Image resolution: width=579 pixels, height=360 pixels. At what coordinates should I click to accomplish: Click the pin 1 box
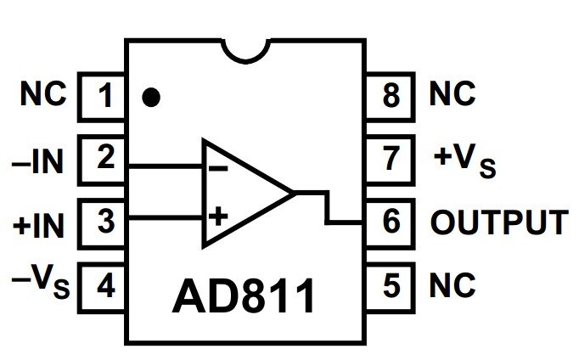point(103,95)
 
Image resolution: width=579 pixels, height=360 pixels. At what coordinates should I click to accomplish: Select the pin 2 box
point(103,158)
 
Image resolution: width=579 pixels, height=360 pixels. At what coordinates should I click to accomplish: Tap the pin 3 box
point(103,222)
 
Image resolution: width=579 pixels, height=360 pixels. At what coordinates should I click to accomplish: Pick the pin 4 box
point(103,285)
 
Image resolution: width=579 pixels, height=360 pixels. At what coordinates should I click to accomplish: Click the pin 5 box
point(391,285)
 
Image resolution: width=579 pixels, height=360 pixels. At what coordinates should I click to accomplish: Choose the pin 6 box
point(391,222)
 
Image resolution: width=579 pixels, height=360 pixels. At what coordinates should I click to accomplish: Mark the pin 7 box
point(391,158)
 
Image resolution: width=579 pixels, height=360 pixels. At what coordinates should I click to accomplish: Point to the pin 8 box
point(391,95)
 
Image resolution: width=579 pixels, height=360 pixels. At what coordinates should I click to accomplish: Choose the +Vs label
point(464,160)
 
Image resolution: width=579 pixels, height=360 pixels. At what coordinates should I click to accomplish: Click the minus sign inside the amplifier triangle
point(217,167)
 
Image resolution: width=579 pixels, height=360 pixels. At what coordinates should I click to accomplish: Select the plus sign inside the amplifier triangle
point(218,216)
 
